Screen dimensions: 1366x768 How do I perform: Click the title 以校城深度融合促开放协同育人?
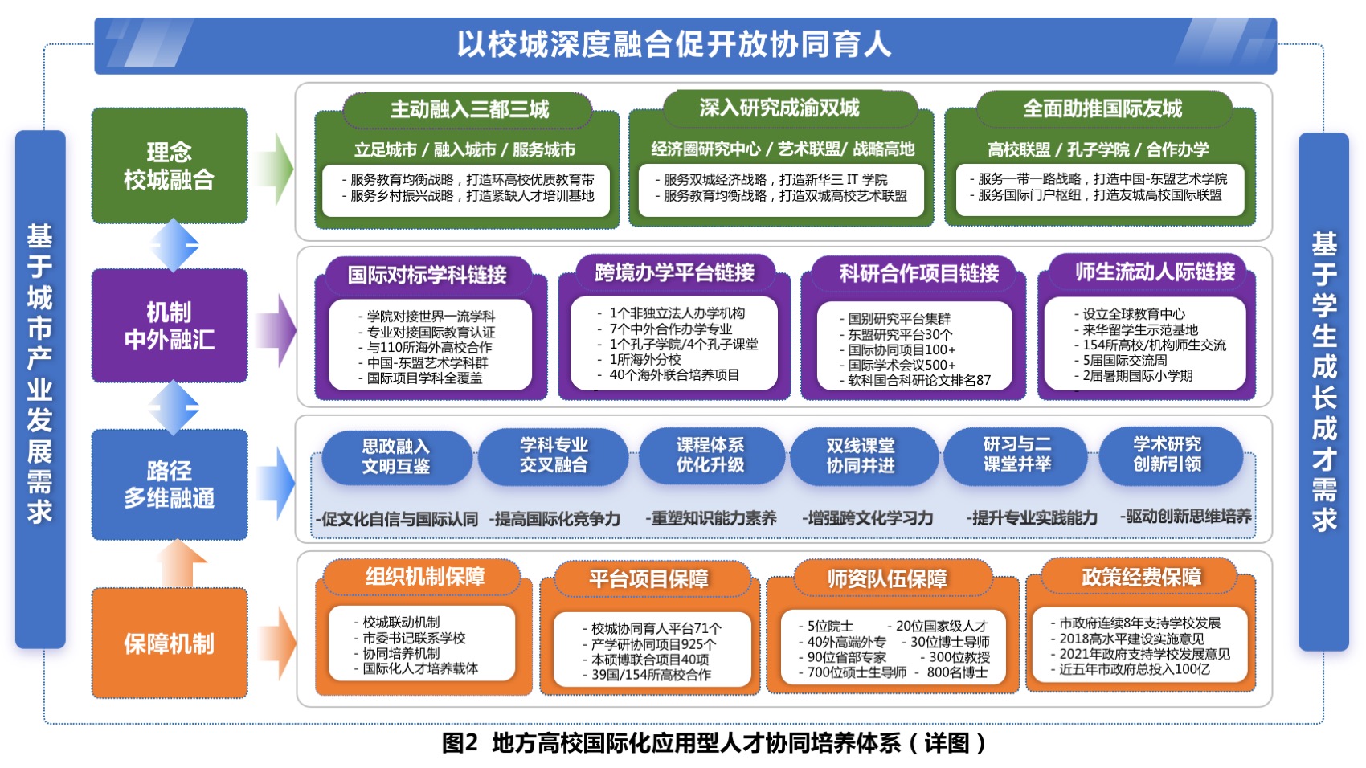674,45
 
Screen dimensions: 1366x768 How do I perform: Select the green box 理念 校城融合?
170,165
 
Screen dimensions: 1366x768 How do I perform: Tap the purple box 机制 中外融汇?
170,325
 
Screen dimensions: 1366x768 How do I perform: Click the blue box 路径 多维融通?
170,484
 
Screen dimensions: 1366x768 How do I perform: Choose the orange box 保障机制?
170,643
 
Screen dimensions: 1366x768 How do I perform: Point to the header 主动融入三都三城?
468,110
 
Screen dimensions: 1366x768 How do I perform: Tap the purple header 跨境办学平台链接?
675,273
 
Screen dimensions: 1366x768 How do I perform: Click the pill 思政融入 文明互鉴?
396,457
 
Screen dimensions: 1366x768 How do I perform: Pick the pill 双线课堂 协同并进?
861,456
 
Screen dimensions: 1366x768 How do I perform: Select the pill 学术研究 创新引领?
1168,455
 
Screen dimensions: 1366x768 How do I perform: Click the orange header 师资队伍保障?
887,578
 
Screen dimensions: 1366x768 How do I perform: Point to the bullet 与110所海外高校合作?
426,347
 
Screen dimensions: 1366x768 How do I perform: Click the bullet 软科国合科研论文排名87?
915,380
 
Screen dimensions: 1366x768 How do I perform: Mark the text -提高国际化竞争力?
555,519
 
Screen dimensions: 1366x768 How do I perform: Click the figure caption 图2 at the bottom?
460,743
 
